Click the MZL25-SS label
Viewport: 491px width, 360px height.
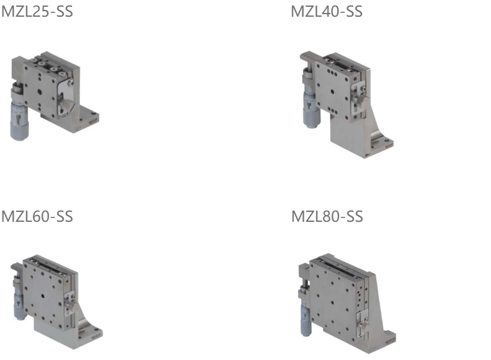[37, 12]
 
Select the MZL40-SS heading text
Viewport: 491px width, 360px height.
[327, 12]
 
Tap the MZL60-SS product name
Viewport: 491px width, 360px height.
[37, 217]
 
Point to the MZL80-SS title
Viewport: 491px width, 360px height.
[327, 217]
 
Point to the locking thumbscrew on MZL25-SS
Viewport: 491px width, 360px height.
[67, 105]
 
